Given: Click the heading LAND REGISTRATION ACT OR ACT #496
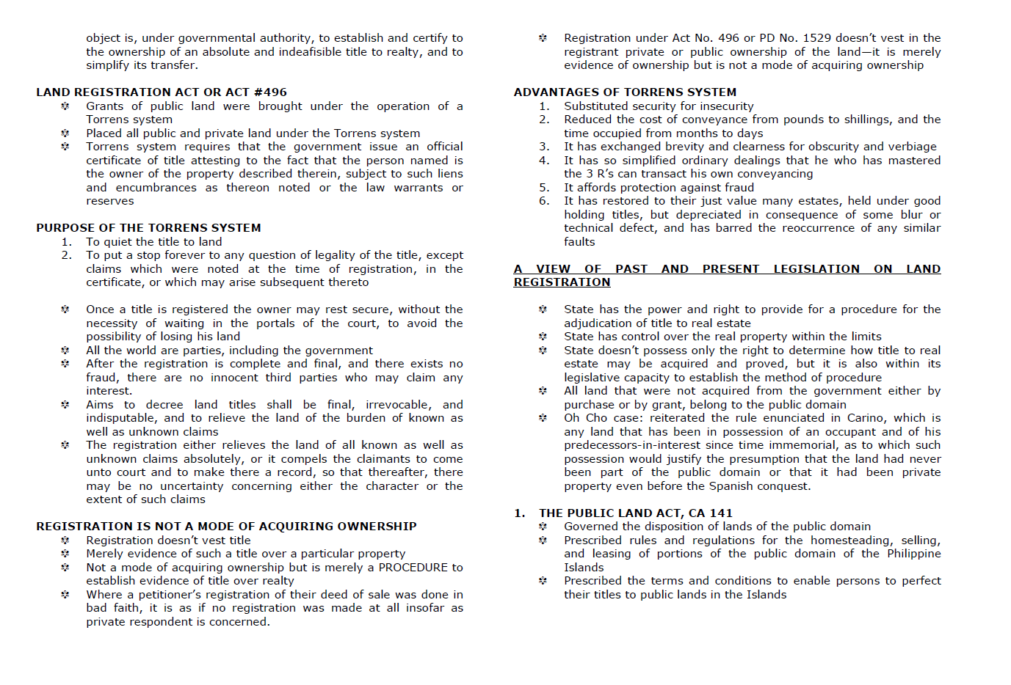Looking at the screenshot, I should (x=162, y=92).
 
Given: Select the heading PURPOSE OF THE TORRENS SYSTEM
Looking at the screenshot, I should (x=148, y=228).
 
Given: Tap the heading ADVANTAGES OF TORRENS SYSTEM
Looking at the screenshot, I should (x=625, y=92).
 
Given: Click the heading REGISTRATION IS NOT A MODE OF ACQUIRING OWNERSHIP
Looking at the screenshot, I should (x=226, y=527).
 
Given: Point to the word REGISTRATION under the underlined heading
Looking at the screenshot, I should (x=562, y=282).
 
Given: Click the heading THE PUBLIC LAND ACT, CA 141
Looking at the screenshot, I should (x=636, y=513).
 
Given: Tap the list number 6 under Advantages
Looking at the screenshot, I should (x=544, y=201).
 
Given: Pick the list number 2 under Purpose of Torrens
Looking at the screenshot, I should (x=67, y=255).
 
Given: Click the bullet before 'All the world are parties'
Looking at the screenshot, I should (x=65, y=351).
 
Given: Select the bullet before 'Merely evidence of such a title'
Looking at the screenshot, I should (x=65, y=554).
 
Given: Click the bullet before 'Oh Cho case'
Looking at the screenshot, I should (x=543, y=418).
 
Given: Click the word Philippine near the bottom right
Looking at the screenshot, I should (x=913, y=554).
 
